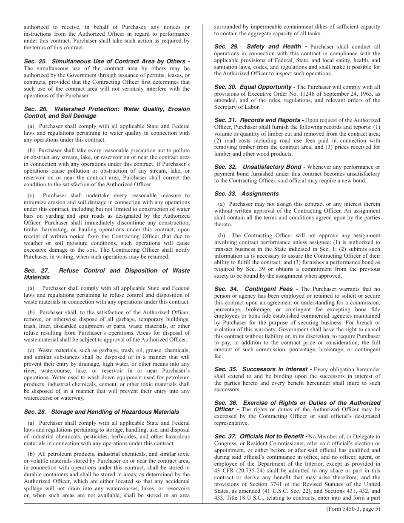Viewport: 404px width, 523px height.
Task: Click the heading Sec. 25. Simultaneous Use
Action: pyautogui.click(x=106, y=61)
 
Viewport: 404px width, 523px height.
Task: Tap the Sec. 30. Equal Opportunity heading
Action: pyautogui.click(x=254, y=87)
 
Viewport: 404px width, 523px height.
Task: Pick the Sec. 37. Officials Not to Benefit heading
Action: pyautogui.click(x=260, y=437)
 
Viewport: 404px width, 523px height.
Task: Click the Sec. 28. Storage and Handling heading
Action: pyautogui.click(x=101, y=412)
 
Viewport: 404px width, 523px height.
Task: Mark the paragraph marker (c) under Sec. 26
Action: pyautogui.click(x=31, y=195)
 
